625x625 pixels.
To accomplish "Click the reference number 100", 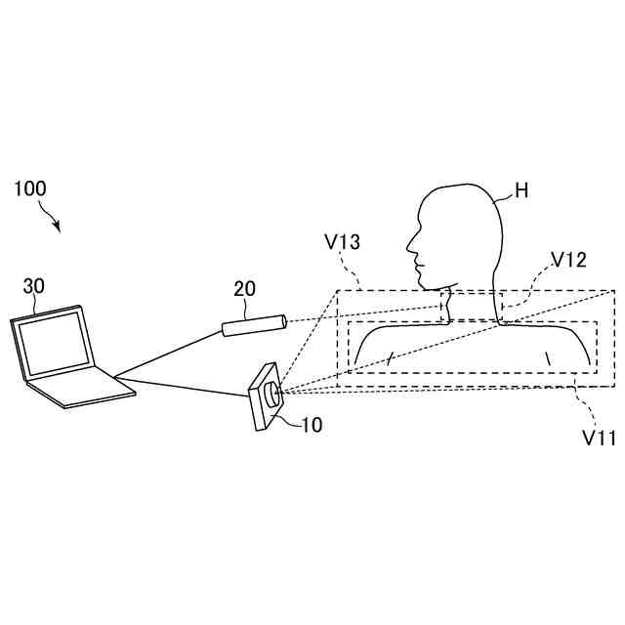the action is point(29,188).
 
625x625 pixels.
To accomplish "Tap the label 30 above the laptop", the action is point(33,286).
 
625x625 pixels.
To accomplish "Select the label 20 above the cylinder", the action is point(244,288).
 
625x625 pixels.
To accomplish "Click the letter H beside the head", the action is point(521,190).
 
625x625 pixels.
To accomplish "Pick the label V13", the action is point(342,241).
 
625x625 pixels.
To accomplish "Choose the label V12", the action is point(568,260).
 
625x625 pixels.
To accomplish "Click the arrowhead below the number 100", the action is point(58,229).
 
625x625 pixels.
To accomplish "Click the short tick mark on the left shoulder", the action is point(391,358).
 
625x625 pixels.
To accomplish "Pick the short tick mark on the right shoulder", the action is point(548,358).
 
